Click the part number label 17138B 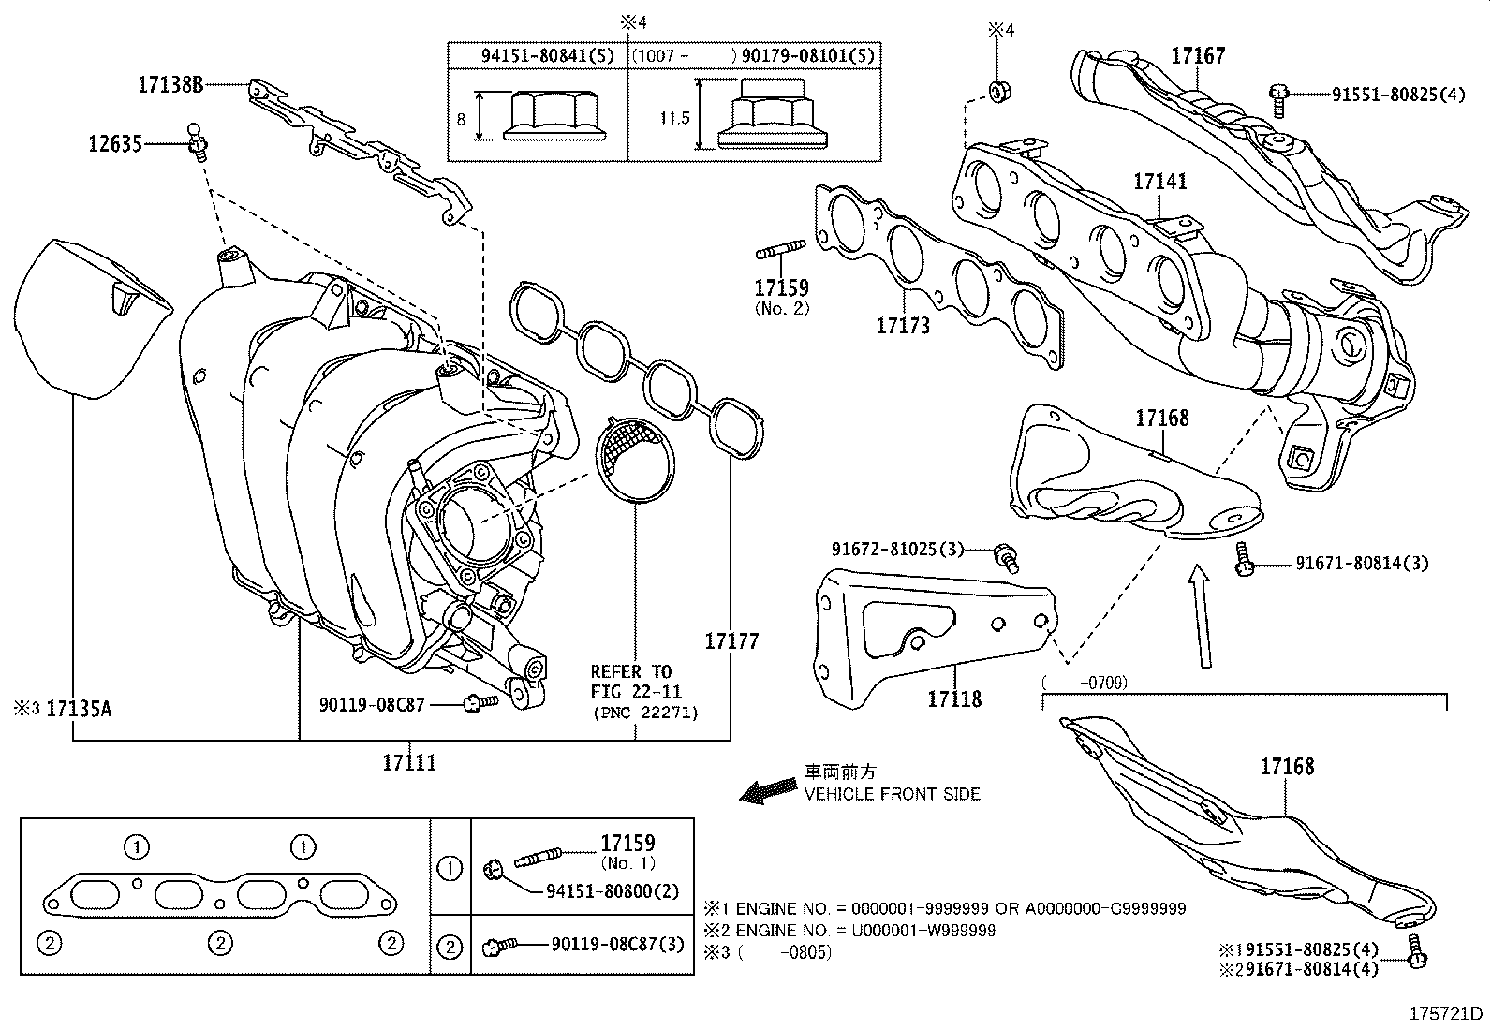click(170, 85)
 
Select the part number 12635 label click(115, 144)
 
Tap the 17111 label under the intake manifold click(409, 762)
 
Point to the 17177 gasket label click(731, 641)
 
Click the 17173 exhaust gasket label click(903, 326)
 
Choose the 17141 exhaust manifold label click(1159, 182)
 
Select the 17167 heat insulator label click(1198, 56)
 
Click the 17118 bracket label click(954, 698)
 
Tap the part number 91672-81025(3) click(897, 549)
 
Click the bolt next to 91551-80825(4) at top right click(1278, 95)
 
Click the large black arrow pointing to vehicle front click(768, 791)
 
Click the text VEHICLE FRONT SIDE click(893, 794)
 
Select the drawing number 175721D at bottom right click(1448, 1014)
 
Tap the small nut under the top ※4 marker click(999, 92)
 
